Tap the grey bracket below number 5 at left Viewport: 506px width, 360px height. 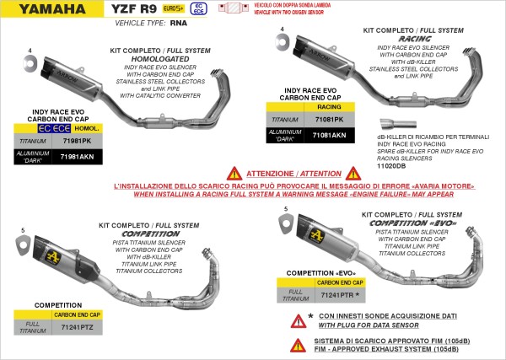[21, 245]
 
